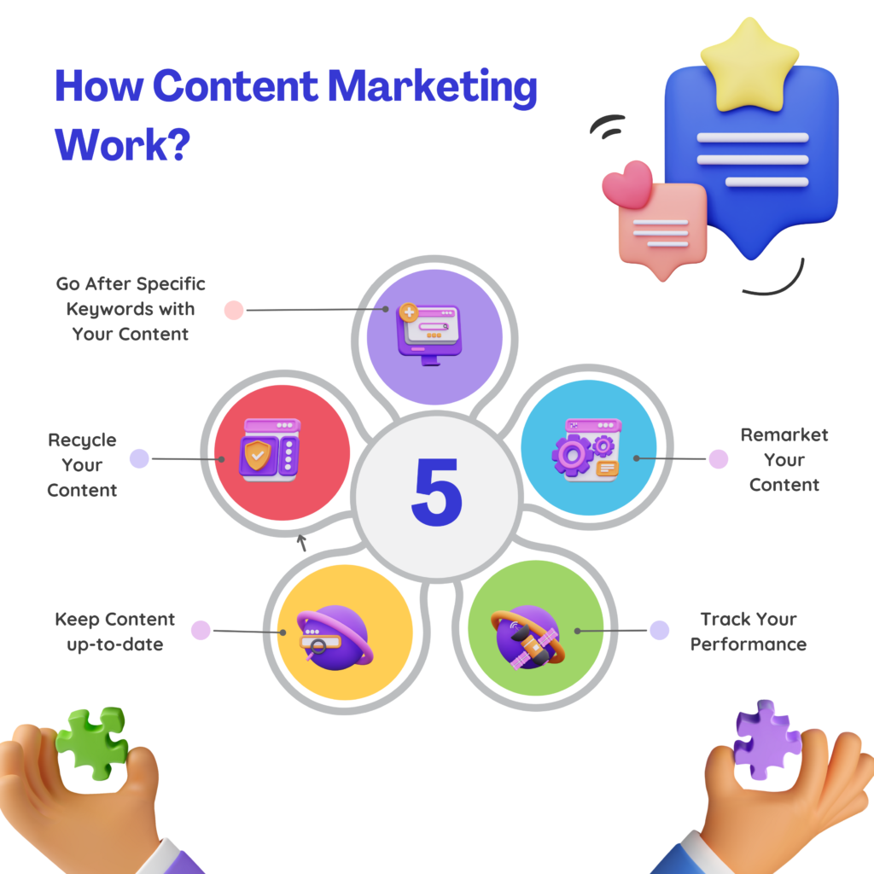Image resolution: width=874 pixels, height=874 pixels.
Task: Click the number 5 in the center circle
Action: pyautogui.click(x=436, y=492)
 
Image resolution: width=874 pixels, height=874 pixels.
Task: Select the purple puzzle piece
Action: pyautogui.click(x=766, y=740)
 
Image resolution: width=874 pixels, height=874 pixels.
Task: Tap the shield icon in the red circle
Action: pyautogui.click(x=257, y=456)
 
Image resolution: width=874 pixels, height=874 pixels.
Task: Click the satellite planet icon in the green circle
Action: pyautogui.click(x=527, y=638)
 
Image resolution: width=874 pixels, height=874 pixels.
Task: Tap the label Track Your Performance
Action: pyautogui.click(x=748, y=632)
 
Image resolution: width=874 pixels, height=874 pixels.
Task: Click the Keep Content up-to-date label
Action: pyautogui.click(x=114, y=632)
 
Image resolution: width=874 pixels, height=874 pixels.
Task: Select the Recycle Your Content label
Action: pyautogui.click(x=82, y=465)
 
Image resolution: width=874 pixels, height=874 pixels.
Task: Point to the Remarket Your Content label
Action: pyautogui.click(x=784, y=459)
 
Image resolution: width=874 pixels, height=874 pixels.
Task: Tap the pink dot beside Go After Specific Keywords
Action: pyautogui.click(x=233, y=310)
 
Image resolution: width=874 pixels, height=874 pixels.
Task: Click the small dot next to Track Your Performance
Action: pyautogui.click(x=659, y=630)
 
